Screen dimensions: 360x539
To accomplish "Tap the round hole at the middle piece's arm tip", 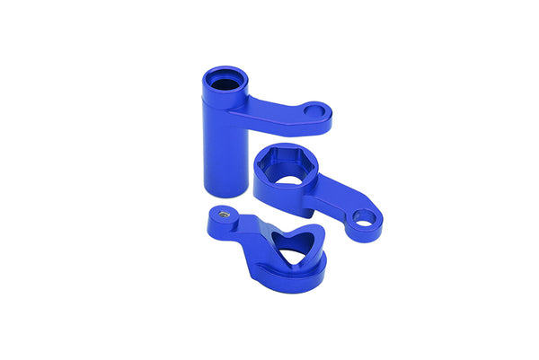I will tap(364, 217).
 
